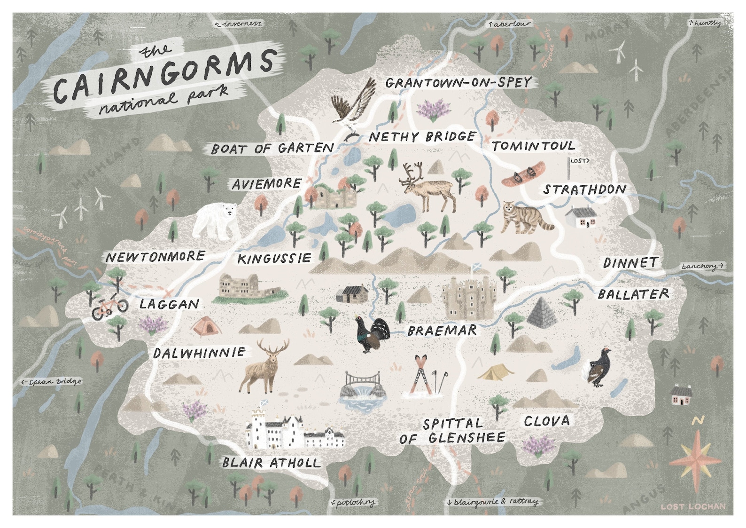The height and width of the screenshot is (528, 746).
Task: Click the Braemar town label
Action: coord(442,331)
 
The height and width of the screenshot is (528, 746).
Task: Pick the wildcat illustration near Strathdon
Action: coord(525,218)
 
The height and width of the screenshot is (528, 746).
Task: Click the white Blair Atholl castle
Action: coord(293,430)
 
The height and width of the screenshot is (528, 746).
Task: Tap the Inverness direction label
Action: coord(239,24)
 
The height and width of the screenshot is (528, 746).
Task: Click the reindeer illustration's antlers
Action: coord(412,172)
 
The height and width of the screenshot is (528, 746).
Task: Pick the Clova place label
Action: coord(546,421)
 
